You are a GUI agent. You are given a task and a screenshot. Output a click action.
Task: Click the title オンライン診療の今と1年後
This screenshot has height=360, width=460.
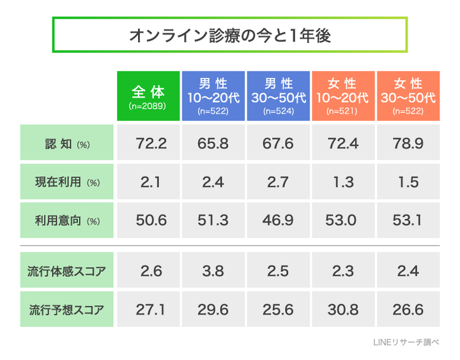click(x=229, y=35)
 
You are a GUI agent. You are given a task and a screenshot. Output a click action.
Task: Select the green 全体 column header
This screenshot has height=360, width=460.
click(x=148, y=96)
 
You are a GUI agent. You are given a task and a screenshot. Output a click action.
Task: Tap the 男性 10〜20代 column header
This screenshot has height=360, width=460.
click(x=213, y=96)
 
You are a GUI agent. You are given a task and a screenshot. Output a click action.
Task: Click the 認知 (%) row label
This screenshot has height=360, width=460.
click(x=66, y=143)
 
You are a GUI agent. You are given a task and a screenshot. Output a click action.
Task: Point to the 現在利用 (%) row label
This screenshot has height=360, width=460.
click(x=66, y=182)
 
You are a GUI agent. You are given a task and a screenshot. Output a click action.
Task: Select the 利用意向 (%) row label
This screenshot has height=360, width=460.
click(x=66, y=221)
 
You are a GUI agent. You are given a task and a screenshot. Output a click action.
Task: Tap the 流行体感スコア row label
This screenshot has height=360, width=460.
click(x=66, y=271)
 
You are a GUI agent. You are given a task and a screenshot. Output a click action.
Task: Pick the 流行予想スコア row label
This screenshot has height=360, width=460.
click(x=66, y=310)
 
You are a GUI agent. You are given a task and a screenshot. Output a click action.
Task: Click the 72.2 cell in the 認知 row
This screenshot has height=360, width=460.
click(x=151, y=143)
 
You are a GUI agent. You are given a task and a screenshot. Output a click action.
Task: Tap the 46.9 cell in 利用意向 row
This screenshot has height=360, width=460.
click(x=278, y=221)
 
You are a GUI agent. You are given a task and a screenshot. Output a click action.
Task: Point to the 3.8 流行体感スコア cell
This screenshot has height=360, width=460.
click(x=213, y=271)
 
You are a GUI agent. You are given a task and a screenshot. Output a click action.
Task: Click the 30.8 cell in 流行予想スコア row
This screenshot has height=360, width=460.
click(x=343, y=310)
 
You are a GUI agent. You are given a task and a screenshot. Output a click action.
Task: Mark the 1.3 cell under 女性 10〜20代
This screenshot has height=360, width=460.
click(x=343, y=182)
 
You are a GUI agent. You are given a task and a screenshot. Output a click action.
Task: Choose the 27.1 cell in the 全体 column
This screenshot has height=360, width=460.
click(x=151, y=310)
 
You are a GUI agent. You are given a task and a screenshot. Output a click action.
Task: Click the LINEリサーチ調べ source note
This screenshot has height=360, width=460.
click(x=406, y=343)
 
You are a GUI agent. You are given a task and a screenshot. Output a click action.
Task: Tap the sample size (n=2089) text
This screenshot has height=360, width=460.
click(x=148, y=106)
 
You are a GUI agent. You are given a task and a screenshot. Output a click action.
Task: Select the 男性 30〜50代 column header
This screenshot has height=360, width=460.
click(x=278, y=96)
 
